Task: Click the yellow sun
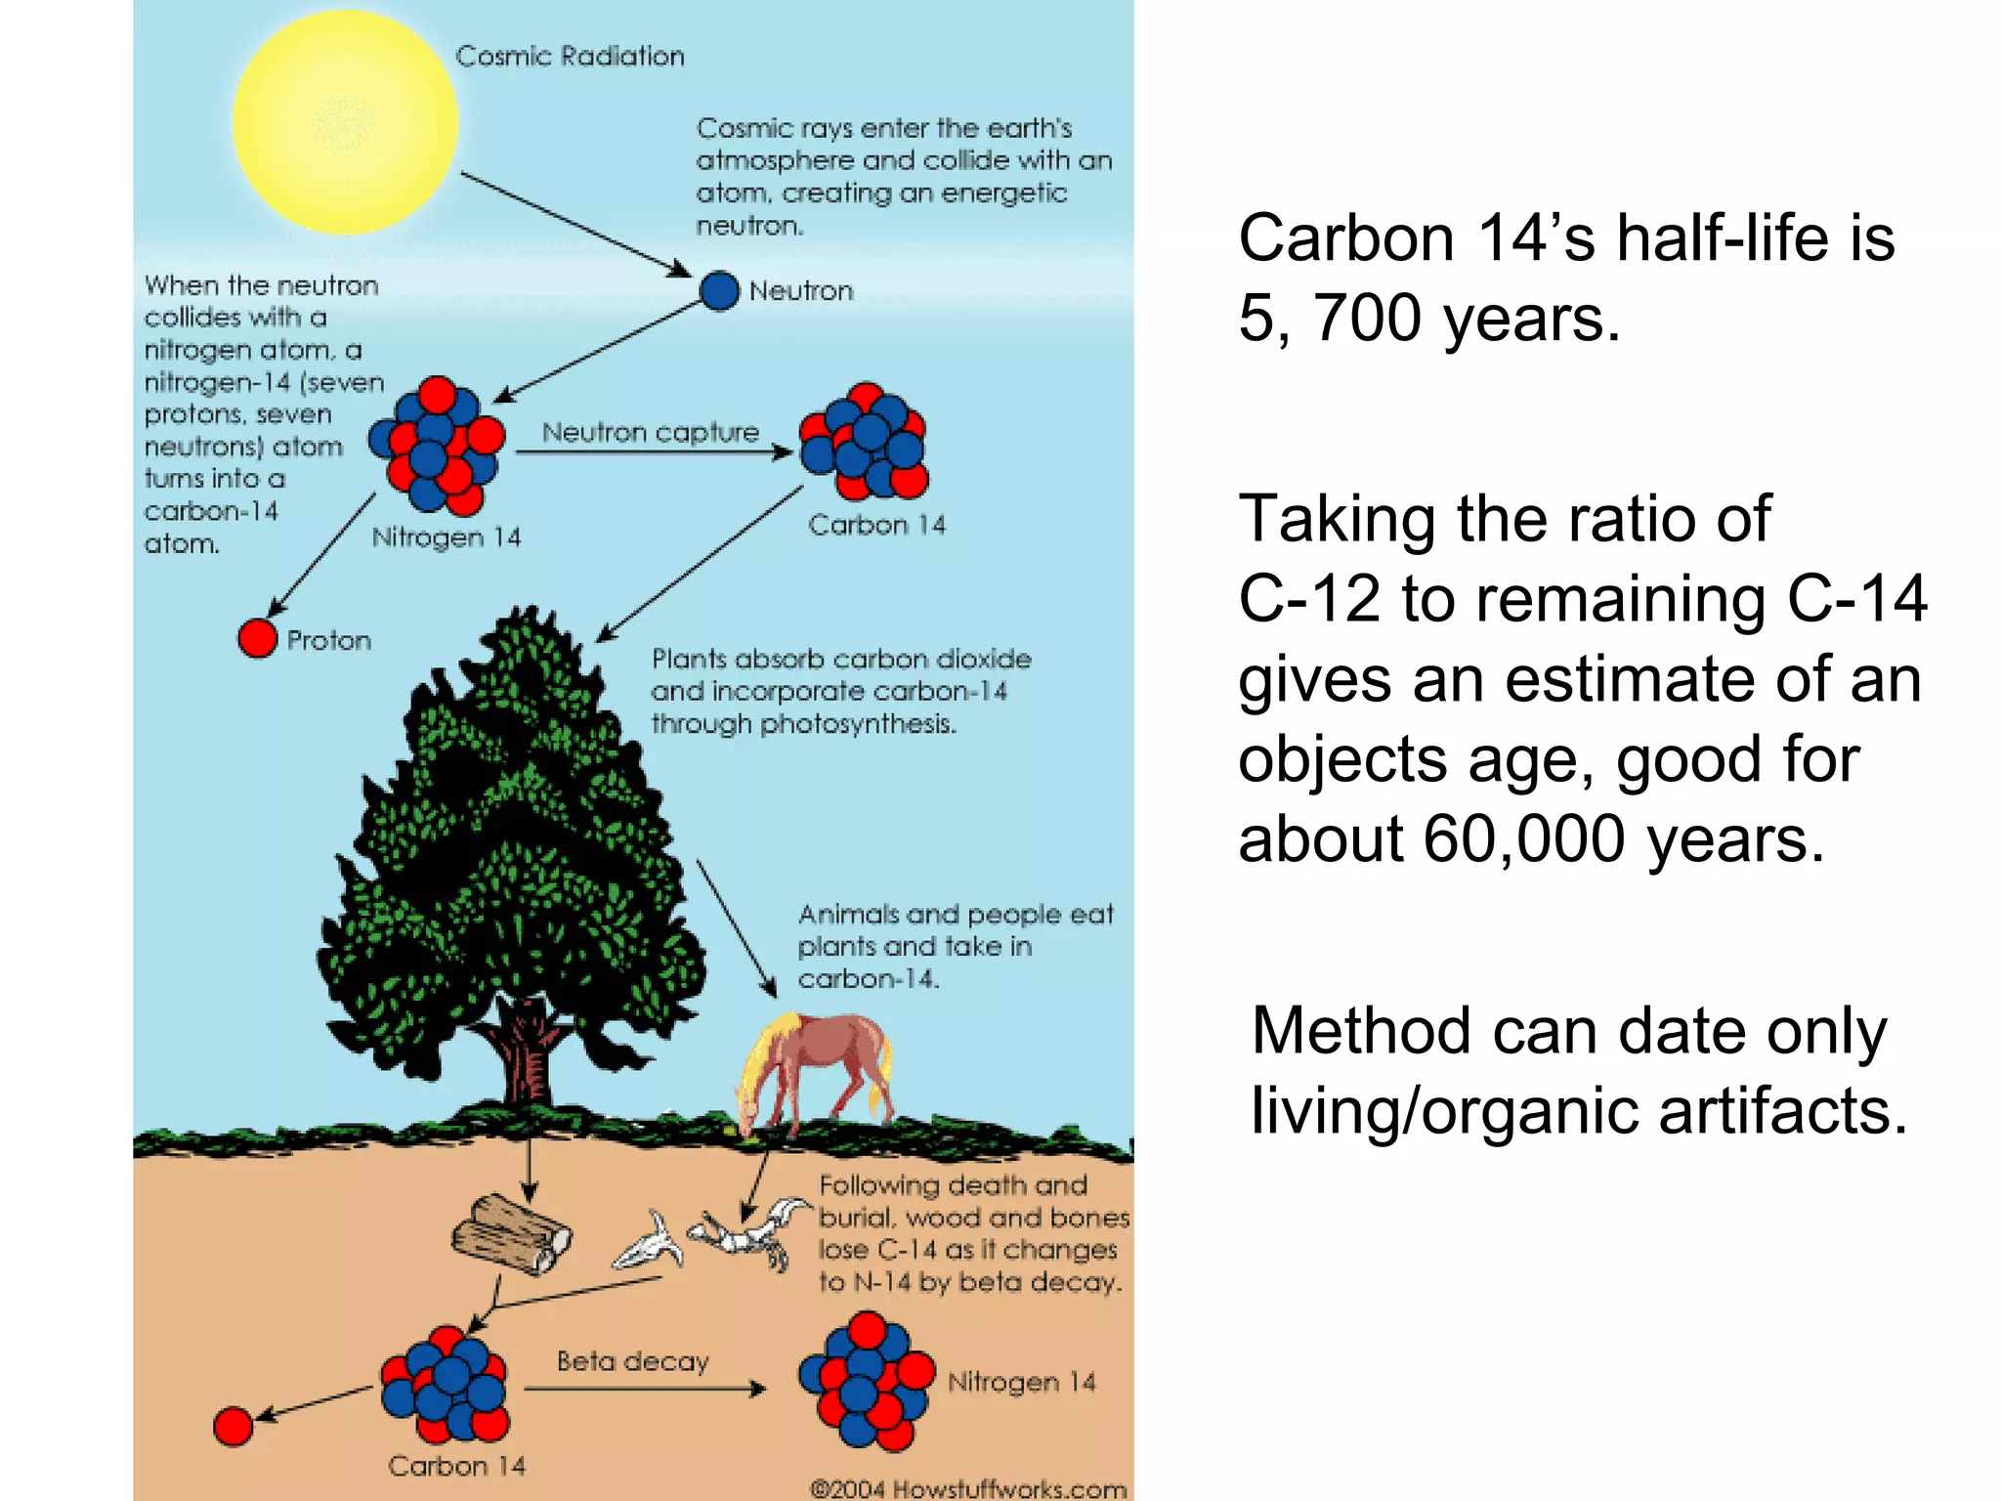tap(345, 122)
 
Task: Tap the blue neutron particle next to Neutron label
tap(719, 291)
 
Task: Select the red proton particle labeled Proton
tap(258, 638)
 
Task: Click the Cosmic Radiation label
tap(570, 57)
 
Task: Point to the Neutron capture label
tap(651, 432)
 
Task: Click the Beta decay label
tap(632, 1361)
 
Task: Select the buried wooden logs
tap(510, 1235)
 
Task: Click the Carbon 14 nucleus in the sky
tap(865, 441)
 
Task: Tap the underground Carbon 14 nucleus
tap(446, 1384)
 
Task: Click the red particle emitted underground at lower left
tap(233, 1427)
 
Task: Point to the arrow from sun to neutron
tap(576, 224)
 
